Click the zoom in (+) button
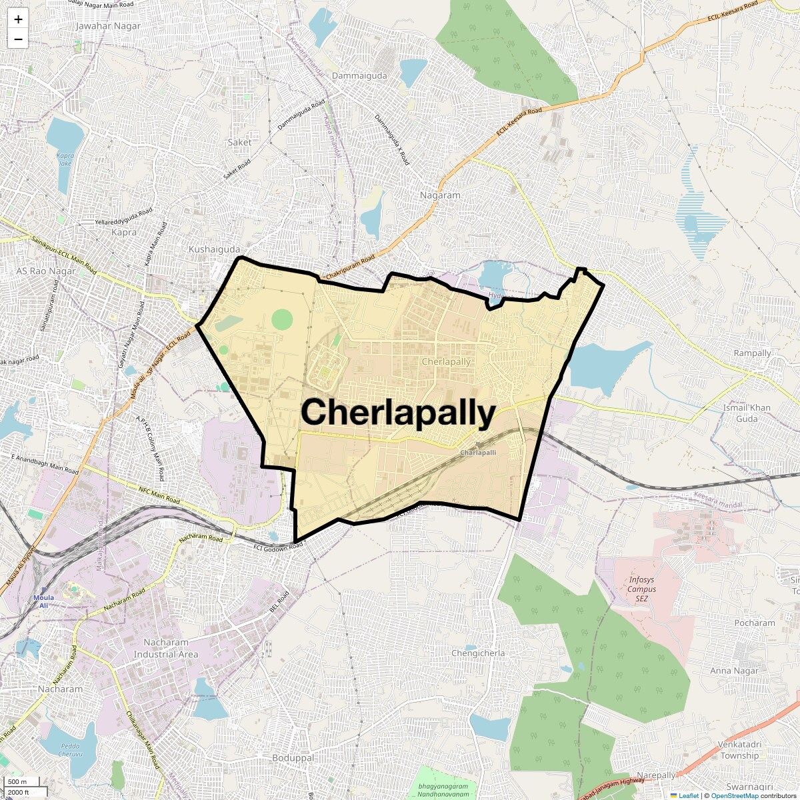point(18,19)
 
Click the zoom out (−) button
point(18,39)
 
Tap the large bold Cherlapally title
point(398,413)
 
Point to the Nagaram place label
point(440,195)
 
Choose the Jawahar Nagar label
point(109,26)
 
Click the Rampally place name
point(752,353)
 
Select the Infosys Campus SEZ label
point(642,589)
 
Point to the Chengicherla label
point(478,653)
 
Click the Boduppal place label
point(293,758)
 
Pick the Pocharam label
point(755,623)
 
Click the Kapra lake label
point(65,159)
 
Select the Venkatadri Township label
point(739,750)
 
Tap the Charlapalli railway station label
point(478,453)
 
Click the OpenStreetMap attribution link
point(735,795)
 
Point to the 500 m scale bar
point(18,782)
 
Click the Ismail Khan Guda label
point(747,413)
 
